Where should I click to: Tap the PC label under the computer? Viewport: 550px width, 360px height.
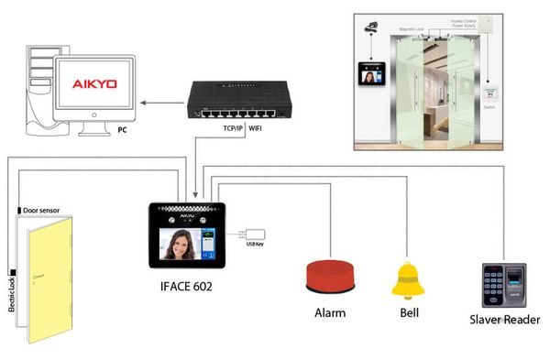(122, 130)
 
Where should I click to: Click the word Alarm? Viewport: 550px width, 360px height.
(330, 312)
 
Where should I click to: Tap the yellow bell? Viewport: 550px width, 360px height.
(408, 280)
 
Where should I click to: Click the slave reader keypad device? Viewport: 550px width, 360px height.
(503, 286)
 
